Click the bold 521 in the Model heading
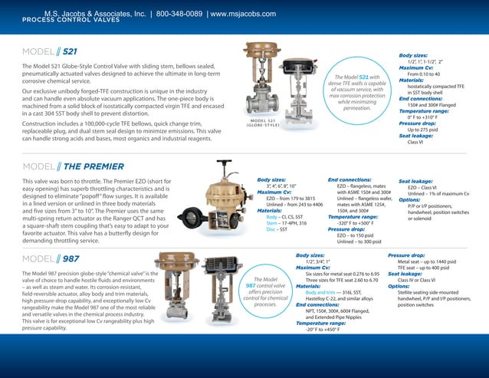point(70,52)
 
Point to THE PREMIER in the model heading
point(93,166)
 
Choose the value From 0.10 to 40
point(429,74)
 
